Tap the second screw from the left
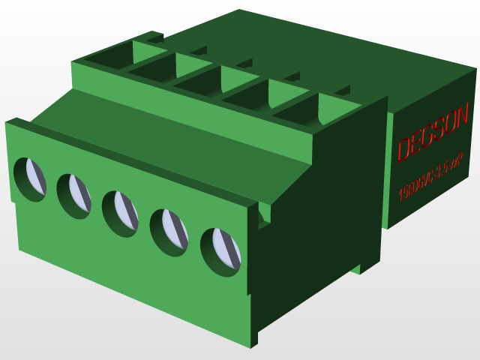coord(74,196)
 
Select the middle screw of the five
coord(121,213)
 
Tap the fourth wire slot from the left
coord(247,95)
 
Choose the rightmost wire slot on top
coord(296,110)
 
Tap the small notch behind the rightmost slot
coord(342,91)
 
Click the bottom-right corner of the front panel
coord(251,346)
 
